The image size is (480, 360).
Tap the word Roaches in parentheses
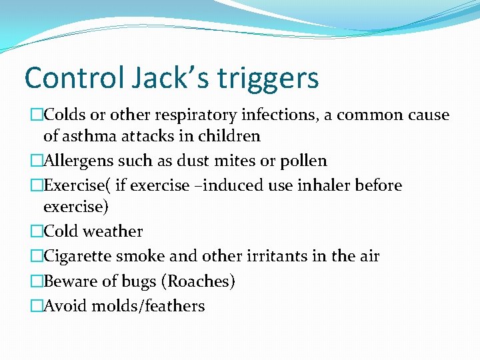pyautogui.click(x=198, y=281)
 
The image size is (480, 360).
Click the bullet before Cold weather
pyautogui.click(x=37, y=232)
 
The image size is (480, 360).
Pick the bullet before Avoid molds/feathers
pyautogui.click(x=37, y=307)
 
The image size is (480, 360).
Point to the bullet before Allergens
pyautogui.click(x=37, y=161)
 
